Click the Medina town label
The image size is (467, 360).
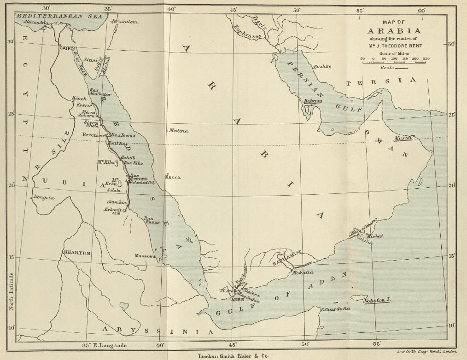click(179, 131)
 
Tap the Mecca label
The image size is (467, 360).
click(173, 177)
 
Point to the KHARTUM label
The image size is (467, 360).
click(77, 253)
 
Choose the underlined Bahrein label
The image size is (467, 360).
click(313, 101)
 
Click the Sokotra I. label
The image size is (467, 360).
click(377, 301)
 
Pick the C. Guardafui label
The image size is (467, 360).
click(335, 309)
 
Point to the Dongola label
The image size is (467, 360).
click(44, 197)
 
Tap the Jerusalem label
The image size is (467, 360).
click(123, 22)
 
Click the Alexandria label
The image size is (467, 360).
click(36, 22)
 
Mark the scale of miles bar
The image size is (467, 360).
click(394, 62)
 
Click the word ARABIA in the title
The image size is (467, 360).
click(394, 31)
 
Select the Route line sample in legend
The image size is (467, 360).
click(402, 68)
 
